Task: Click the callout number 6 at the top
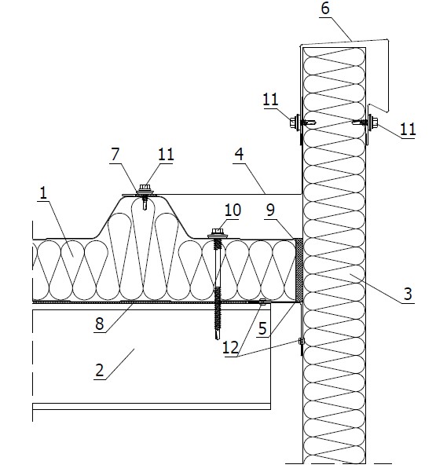coord(325,9)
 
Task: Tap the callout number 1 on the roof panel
coord(44,192)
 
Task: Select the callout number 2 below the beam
coord(99,370)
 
